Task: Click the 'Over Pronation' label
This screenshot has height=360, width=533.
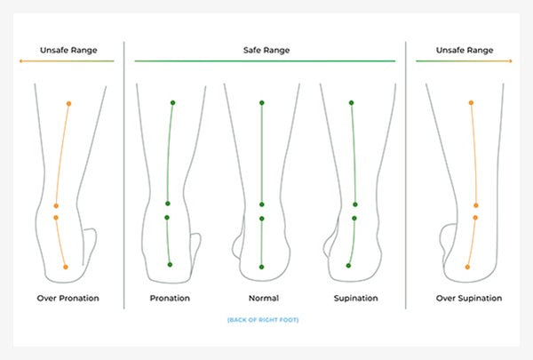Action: tap(68, 298)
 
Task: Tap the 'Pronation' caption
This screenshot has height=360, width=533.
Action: tap(170, 298)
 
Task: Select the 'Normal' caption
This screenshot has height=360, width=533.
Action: tap(261, 298)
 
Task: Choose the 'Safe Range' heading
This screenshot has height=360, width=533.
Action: tap(266, 50)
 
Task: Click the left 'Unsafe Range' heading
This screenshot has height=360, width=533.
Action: tap(66, 50)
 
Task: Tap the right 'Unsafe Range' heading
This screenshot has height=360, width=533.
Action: tap(465, 50)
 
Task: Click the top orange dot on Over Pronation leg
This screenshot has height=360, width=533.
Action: tap(68, 104)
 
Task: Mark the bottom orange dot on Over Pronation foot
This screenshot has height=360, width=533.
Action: tap(66, 267)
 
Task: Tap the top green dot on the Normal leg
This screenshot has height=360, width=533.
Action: tap(261, 104)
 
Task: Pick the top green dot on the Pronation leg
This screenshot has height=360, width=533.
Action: tap(171, 104)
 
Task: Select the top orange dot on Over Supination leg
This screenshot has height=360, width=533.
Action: tap(471, 104)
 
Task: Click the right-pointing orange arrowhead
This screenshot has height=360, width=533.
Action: tap(511, 60)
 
